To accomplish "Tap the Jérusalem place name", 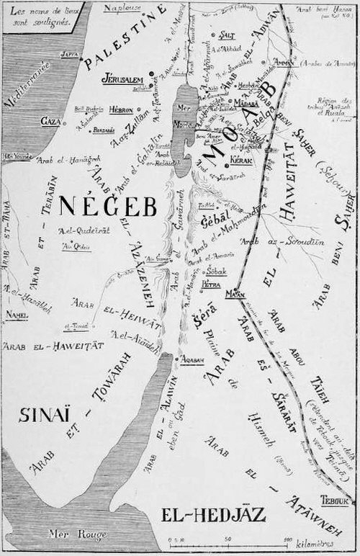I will tap(123, 78).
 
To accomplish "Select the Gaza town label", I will tap(50, 120).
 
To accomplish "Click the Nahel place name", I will tap(17, 315).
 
